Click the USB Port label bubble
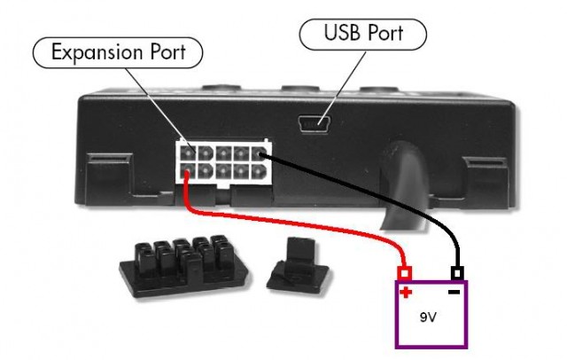(363, 35)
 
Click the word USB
(338, 35)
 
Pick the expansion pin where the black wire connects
(259, 153)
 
